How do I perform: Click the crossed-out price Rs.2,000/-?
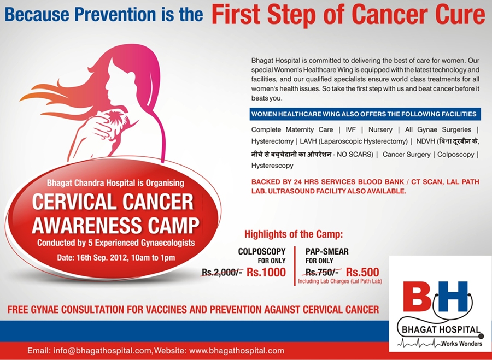[222, 272]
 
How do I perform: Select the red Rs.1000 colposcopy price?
[266, 272]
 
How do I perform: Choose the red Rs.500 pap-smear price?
[362, 272]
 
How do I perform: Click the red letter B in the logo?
[417, 297]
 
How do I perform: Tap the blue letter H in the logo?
[453, 297]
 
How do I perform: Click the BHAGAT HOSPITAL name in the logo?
[441, 329]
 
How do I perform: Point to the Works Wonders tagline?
[461, 344]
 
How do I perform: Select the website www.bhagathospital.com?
[237, 351]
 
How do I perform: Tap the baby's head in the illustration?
[115, 118]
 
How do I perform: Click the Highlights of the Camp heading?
[294, 234]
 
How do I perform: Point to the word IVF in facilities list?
[351, 129]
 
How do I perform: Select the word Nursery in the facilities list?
[380, 129]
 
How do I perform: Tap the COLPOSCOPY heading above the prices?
[262, 251]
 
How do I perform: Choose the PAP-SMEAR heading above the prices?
[327, 251]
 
